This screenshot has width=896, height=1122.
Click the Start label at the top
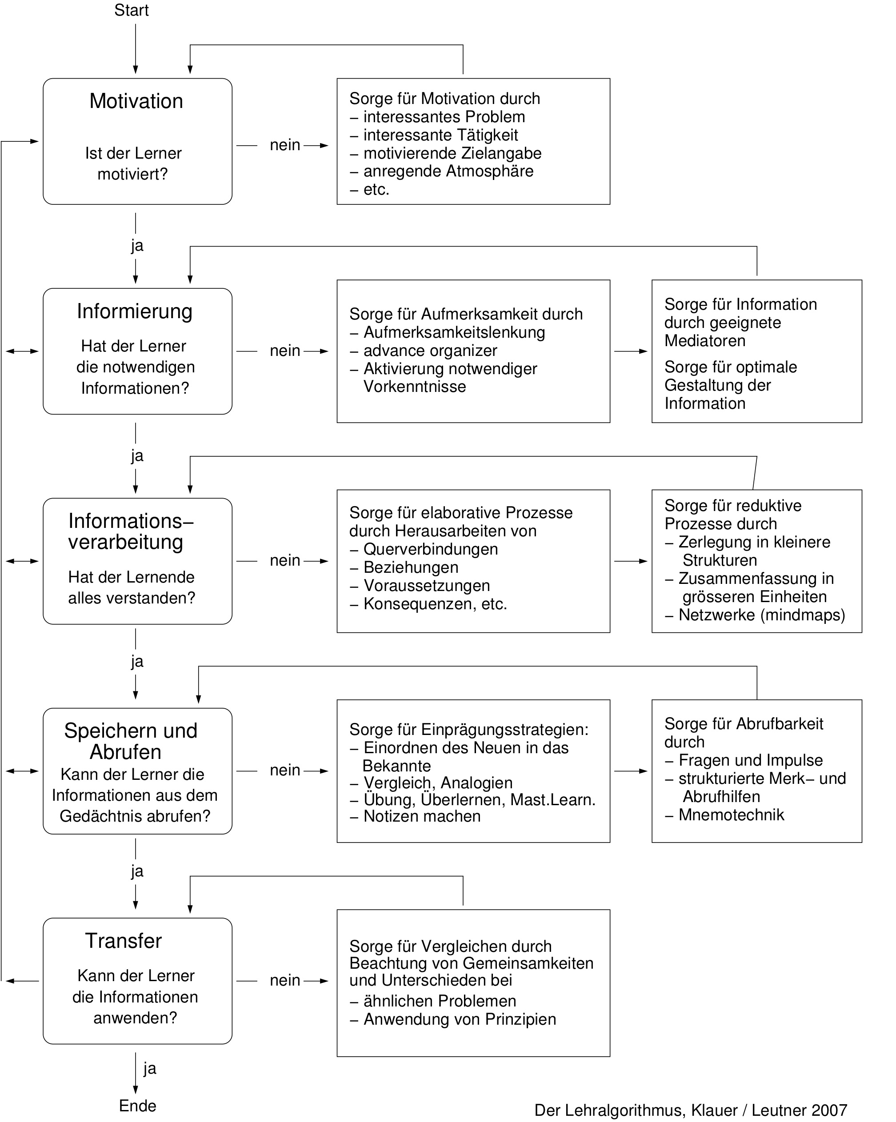[x=131, y=10]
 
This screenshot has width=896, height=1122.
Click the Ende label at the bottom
[x=137, y=1106]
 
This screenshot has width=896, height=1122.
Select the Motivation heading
[x=136, y=101]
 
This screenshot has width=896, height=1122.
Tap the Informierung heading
[x=135, y=311]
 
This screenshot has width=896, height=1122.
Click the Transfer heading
[x=124, y=941]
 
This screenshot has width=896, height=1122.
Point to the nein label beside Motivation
[x=285, y=145]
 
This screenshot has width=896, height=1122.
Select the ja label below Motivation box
[x=137, y=246]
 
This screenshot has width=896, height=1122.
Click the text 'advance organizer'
[x=430, y=351]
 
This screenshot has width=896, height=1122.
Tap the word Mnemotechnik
[x=731, y=815]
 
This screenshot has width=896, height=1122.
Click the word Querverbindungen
[x=431, y=549]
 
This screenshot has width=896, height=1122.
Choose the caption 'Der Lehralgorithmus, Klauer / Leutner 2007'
[x=691, y=1110]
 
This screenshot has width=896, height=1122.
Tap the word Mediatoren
[x=705, y=341]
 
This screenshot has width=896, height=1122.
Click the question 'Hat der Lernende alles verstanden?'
[x=132, y=587]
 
